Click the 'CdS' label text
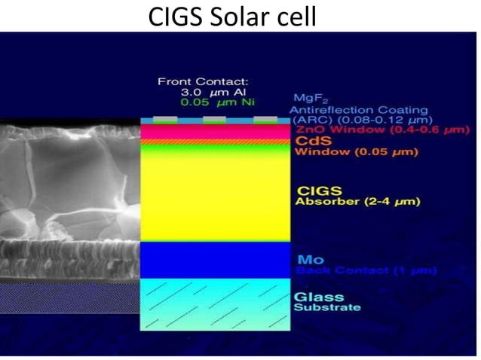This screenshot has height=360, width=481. pos(309,142)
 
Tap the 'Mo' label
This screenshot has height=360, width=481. pos(305,260)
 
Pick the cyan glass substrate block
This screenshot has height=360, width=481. pos(216,304)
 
